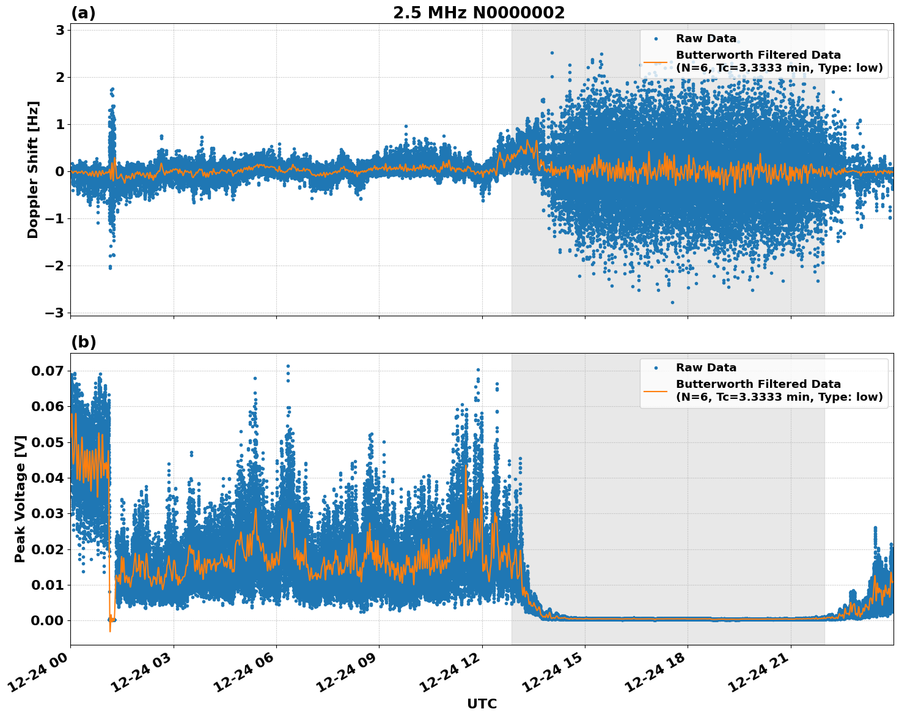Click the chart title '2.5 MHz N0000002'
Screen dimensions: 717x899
tap(479, 13)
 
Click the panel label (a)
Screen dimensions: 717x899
tap(83, 13)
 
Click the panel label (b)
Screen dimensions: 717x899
tap(83, 342)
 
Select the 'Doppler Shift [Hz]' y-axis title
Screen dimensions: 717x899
tap(33, 169)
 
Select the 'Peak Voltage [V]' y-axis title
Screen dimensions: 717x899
tap(20, 499)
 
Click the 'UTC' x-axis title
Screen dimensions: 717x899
tap(482, 704)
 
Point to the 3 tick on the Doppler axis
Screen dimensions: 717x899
tap(60, 30)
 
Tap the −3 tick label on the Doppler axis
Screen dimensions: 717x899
tap(55, 313)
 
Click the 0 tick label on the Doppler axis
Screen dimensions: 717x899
tap(60, 171)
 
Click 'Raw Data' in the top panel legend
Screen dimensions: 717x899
tap(706, 39)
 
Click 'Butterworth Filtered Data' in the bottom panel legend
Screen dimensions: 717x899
tap(758, 384)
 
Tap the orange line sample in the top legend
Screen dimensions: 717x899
tap(655, 62)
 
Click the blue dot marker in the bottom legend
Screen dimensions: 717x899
tap(656, 368)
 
